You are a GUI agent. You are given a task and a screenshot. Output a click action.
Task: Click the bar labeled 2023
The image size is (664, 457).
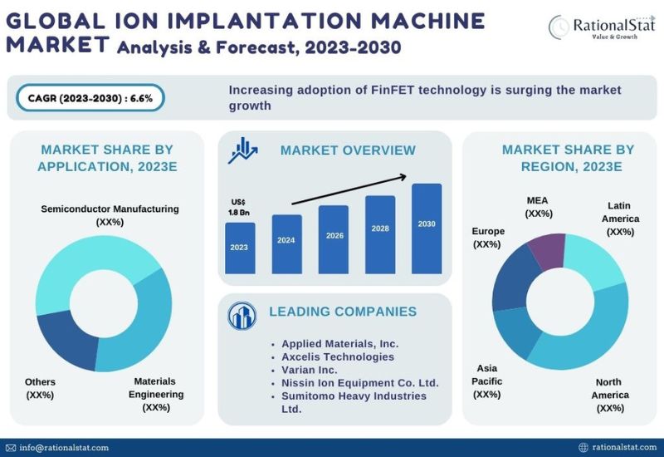point(240,247)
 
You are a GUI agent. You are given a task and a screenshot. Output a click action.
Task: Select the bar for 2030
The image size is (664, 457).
point(427,228)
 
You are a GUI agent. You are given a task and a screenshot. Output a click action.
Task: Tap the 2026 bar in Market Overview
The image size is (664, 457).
point(334,239)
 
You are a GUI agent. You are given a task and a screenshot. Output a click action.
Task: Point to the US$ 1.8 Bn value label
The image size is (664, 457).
point(238,207)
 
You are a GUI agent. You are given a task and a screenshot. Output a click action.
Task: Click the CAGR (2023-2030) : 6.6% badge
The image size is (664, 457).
point(90,97)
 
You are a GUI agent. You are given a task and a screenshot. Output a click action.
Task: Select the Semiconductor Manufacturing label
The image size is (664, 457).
point(110,215)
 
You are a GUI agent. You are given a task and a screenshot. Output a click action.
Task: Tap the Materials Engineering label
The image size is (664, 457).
point(156,394)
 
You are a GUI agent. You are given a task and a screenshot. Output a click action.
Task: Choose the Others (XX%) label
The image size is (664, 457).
point(40,388)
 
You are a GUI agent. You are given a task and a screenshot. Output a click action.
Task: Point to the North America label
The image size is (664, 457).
point(610,395)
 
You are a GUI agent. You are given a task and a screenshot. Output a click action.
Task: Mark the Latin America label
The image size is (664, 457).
point(621,218)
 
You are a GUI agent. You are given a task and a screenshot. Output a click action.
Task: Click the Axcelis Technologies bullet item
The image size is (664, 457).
point(338,356)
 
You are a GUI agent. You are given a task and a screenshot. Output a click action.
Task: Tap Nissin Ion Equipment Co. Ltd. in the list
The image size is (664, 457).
point(360,382)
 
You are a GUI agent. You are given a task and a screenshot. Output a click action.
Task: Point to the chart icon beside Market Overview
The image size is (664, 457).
point(243,150)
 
